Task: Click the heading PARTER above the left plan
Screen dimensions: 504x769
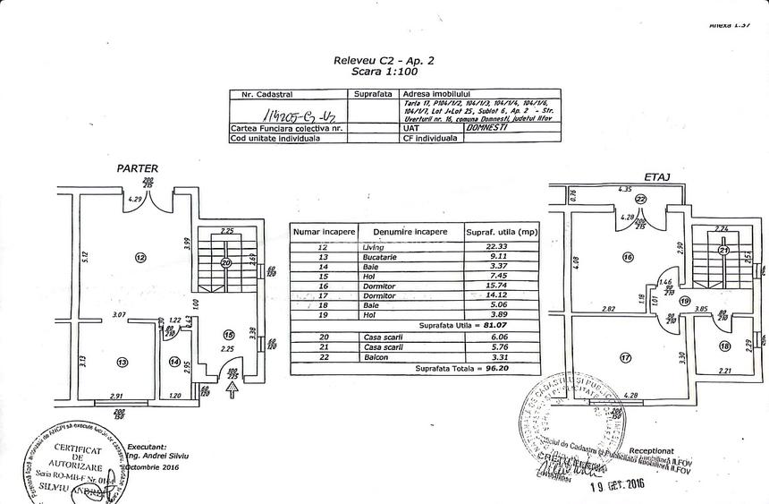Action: tap(137, 167)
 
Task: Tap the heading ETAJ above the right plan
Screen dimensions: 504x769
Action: tap(656, 176)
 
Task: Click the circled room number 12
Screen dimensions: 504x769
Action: tap(139, 258)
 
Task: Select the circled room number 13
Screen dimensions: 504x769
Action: tap(123, 362)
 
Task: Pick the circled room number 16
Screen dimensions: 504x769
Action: tap(628, 256)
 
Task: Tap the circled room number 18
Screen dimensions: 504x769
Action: tap(725, 346)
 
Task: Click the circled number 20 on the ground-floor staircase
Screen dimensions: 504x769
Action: tap(226, 262)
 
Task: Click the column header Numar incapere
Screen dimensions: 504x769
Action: tap(324, 231)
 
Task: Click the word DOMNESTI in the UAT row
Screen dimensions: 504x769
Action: tap(489, 128)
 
